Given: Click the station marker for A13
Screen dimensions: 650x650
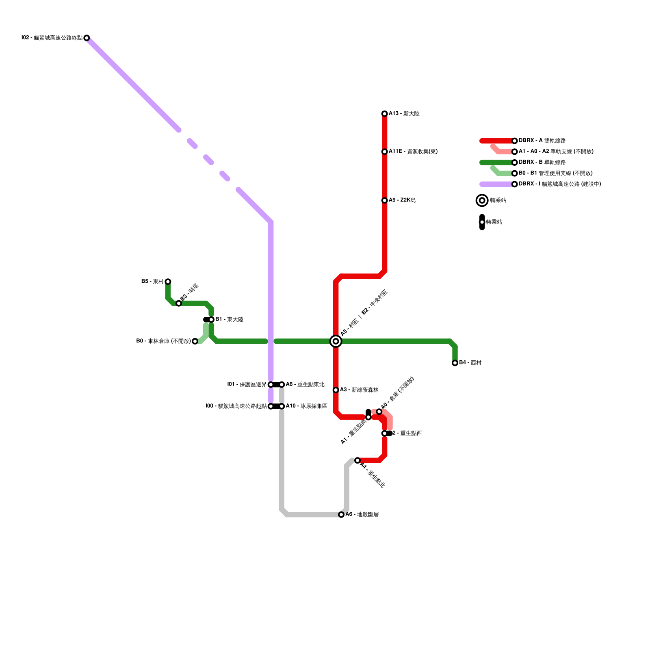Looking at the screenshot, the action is point(384,114).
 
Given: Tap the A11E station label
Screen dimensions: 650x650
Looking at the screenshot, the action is point(413,152).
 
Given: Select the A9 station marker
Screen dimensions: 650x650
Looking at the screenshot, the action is point(384,200).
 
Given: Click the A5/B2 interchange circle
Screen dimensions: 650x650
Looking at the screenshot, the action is point(336,341).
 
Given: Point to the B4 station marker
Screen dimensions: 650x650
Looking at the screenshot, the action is point(455,363).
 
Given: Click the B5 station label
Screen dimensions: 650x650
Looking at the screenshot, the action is point(152,282).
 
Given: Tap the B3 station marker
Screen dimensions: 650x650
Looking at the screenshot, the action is point(179,303).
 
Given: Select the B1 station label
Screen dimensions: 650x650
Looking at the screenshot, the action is point(229,320).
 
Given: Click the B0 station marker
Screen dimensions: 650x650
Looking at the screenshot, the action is point(195,341).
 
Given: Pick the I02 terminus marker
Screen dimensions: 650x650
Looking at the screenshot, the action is point(87,38).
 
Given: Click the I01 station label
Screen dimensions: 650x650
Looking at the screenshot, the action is point(247,384).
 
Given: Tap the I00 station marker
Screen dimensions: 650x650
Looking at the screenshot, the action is point(271,406).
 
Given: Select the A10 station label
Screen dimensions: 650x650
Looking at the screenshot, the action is point(306,406).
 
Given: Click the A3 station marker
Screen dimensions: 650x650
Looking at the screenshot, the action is point(336,390).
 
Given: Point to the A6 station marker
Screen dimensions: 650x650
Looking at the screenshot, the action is point(341,515).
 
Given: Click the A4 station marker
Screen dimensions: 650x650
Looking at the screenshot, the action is point(357,460).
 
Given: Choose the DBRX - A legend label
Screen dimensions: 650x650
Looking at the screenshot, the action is point(542,141).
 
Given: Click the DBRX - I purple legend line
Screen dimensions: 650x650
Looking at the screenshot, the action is point(496,184).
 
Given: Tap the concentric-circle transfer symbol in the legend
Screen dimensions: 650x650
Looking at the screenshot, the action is point(482,200).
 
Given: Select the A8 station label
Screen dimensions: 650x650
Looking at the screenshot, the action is point(305,384).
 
